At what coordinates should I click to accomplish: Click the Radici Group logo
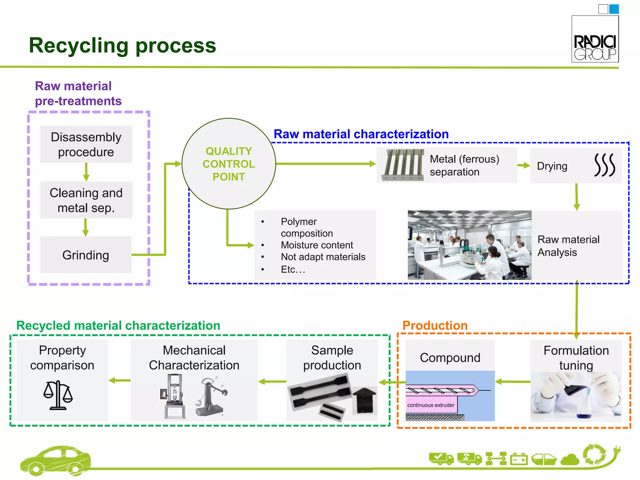coord(595,39)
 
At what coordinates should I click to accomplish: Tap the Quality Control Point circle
coord(229,164)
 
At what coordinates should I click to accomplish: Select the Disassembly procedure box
coord(86,144)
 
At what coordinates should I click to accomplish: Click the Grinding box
coord(86,255)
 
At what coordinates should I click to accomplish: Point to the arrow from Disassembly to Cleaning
coord(86,172)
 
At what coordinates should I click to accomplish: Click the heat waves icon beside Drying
coord(604,165)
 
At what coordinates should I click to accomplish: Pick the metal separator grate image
coord(403,165)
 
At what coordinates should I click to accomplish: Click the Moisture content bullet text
coord(317,245)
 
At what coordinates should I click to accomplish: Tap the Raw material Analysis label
coord(568,246)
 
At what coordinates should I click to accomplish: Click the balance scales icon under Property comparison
coord(58,395)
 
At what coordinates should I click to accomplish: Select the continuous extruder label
coord(431,405)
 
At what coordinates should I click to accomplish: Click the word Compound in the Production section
coord(450,358)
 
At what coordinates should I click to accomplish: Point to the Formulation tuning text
coord(576,358)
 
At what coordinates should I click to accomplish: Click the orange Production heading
coord(435,325)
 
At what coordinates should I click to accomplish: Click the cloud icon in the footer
coord(570,459)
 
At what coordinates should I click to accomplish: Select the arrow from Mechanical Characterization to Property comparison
coord(120,380)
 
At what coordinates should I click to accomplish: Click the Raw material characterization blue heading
coord(361,134)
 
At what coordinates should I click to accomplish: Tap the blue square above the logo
coord(614,9)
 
